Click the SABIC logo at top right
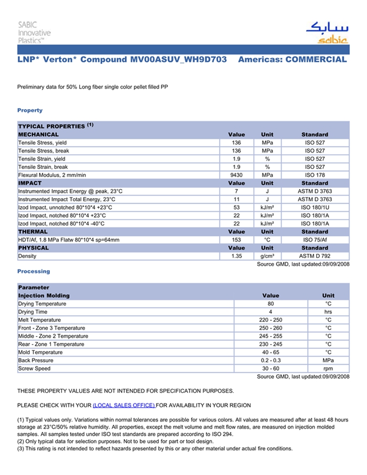(x=326, y=33)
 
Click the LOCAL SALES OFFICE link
(x=124, y=405)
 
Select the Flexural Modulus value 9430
(x=236, y=175)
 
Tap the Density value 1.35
(x=236, y=256)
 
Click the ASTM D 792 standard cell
(x=315, y=256)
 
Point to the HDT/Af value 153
(x=236, y=240)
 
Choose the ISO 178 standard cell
(x=315, y=175)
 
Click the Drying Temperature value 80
(x=271, y=304)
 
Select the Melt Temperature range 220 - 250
(x=271, y=320)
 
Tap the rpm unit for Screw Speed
(x=328, y=369)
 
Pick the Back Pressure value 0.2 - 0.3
(x=271, y=361)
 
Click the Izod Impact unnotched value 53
(x=236, y=208)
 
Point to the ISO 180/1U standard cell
(x=315, y=208)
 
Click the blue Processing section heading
(x=34, y=272)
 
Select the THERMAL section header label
(x=33, y=232)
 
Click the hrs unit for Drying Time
(x=328, y=312)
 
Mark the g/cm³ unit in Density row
(x=267, y=256)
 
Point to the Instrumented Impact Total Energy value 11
(x=236, y=199)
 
